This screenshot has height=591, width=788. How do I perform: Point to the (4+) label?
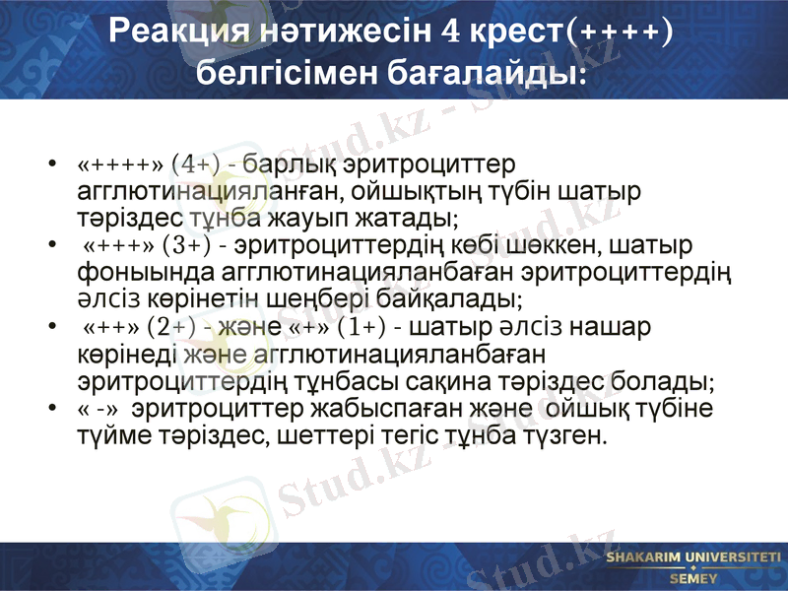(x=195, y=162)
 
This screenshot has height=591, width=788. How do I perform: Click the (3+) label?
(x=187, y=243)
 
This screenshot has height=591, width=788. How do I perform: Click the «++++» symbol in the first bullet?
(x=119, y=162)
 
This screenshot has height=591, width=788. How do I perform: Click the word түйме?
(x=112, y=433)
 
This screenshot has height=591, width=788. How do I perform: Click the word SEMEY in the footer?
(x=693, y=577)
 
